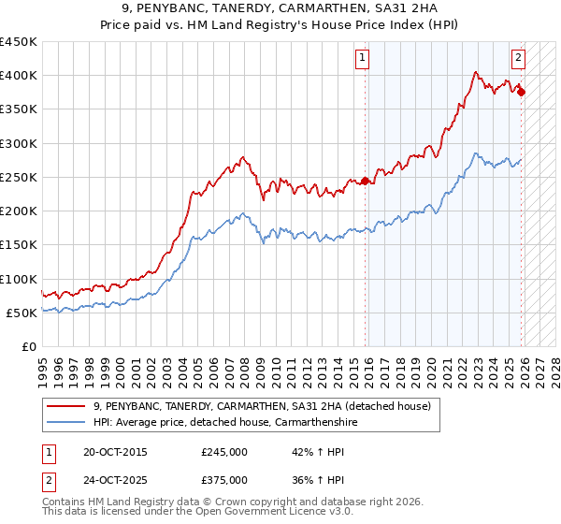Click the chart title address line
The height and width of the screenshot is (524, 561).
280,7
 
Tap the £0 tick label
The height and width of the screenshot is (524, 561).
28,346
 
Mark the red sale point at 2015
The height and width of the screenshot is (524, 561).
365,181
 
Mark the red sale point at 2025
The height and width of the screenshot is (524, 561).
521,92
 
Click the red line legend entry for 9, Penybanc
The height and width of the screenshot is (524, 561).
262,406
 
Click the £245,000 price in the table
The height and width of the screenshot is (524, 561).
224,451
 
